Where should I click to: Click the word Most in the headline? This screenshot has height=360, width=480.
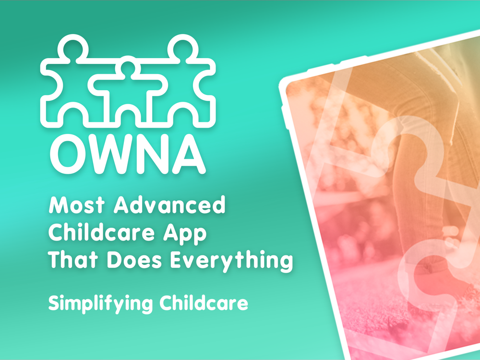point(76,205)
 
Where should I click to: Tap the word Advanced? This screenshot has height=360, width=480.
point(169,204)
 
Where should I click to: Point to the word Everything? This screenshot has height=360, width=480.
point(231,261)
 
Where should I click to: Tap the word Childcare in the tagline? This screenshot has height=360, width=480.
point(204,302)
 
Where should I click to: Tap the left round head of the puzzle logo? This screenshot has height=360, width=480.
point(73,48)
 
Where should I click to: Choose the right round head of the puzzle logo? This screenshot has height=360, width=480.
point(183,48)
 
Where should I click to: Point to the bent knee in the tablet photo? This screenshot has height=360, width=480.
point(404,122)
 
